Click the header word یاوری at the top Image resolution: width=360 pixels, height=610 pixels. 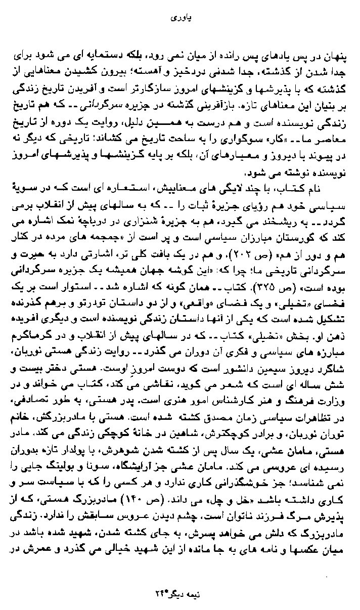180,17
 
